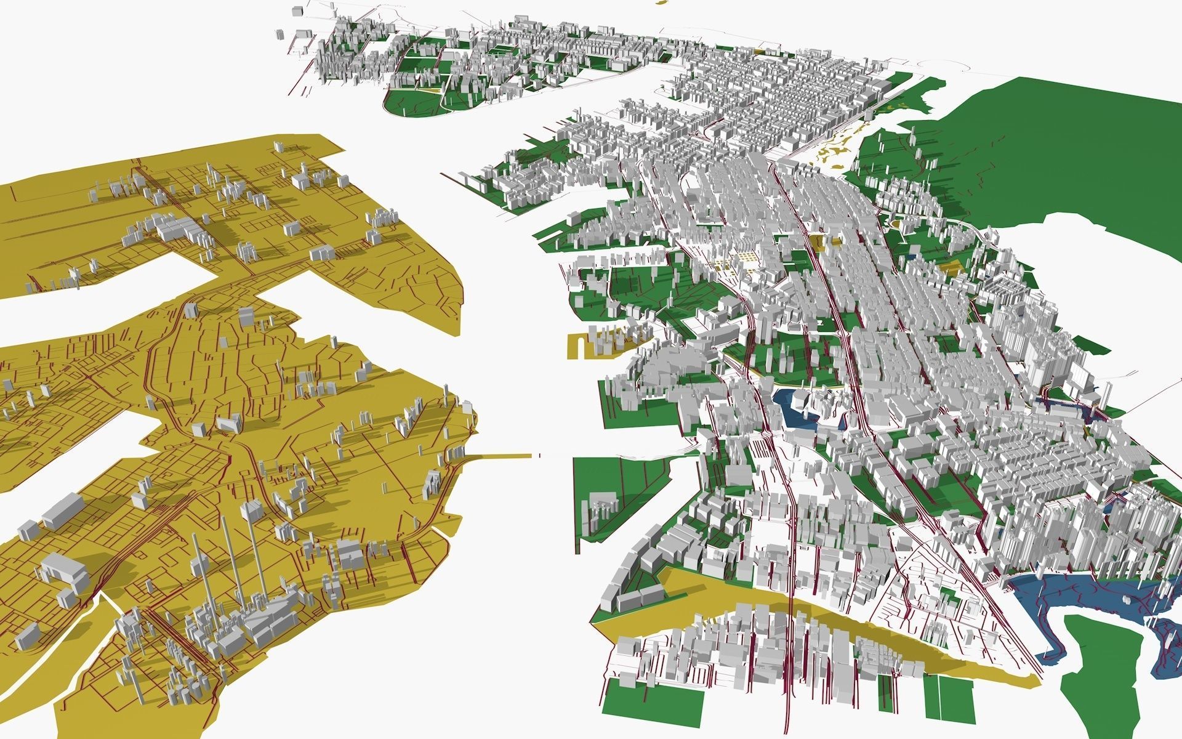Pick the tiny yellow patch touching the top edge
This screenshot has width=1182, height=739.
tap(662, 2)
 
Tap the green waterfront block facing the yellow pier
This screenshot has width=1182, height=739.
tap(622, 487)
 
